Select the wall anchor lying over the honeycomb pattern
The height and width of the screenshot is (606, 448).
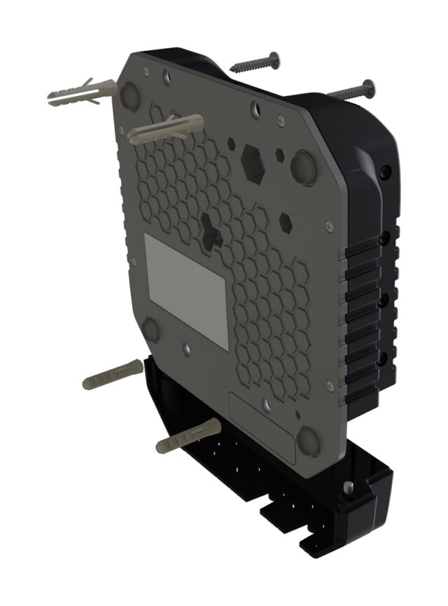(x=166, y=128)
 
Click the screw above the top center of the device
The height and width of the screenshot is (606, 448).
(x=255, y=63)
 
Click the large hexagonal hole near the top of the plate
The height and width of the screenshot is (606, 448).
(x=252, y=160)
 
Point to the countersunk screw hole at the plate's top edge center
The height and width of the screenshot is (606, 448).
(x=255, y=111)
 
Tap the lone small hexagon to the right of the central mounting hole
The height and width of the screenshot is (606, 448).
(x=286, y=223)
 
